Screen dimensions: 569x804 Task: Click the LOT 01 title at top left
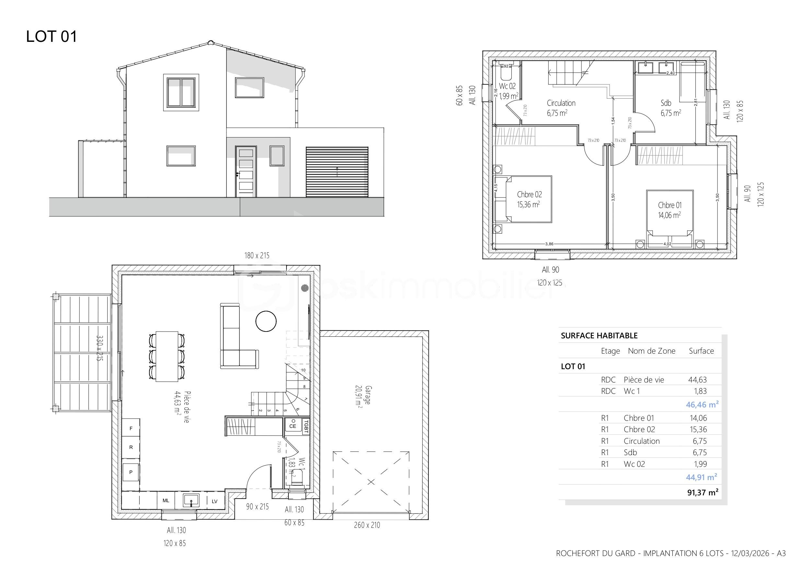(52, 36)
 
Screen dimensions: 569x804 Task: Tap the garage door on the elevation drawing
(337, 172)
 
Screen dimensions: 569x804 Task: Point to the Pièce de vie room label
(182, 407)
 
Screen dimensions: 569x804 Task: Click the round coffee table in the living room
(266, 321)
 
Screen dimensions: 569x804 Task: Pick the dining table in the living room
(167, 356)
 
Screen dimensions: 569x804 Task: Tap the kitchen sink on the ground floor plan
(191, 500)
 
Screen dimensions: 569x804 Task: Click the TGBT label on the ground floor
(306, 426)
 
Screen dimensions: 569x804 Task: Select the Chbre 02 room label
(529, 199)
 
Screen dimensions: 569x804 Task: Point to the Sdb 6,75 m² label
(670, 108)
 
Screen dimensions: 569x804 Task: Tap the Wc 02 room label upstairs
(508, 91)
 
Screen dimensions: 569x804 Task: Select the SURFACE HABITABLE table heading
(599, 335)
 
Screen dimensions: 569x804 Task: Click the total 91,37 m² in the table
(703, 492)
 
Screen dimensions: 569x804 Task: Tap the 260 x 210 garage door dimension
(367, 525)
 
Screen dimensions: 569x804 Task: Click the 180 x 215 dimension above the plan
(257, 256)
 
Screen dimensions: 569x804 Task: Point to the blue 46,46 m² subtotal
(702, 405)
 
